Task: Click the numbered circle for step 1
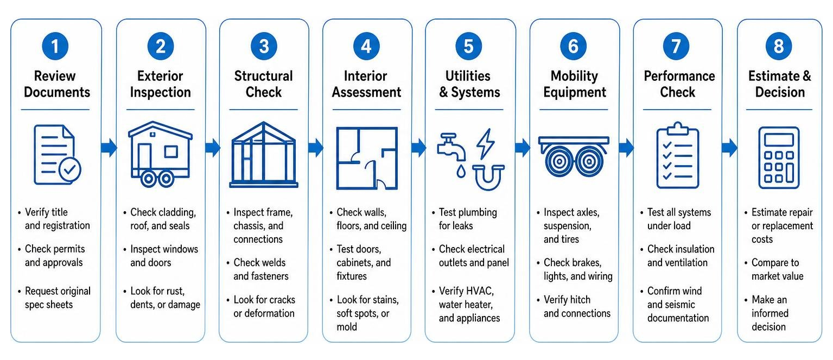pos(55,46)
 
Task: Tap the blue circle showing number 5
pos(468,46)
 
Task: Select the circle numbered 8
pos(779,46)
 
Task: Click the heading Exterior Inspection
pos(160,84)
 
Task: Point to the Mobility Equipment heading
pos(575,84)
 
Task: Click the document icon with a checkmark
pos(58,154)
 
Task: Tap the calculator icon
pos(779,157)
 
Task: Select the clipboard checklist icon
pos(678,155)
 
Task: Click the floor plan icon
pos(367,158)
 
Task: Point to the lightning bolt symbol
pos(486,143)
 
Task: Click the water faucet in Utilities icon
pos(451,147)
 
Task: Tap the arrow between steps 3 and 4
pos(316,148)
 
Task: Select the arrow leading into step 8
pos(729,148)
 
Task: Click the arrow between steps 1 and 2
pos(109,148)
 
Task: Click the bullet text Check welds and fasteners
pos(260,269)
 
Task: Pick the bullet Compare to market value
pos(777,269)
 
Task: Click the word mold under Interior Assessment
pos(347,327)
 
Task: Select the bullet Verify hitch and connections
pos(577,306)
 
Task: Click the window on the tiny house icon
pos(171,151)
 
